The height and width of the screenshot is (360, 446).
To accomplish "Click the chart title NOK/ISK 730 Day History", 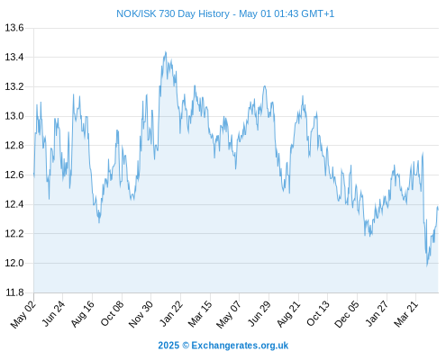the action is [173, 13].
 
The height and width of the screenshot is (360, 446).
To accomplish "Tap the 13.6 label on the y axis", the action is [14, 28].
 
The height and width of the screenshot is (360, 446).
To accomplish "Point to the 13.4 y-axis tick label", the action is [14, 57].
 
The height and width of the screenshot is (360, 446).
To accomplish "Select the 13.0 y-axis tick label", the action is [14, 116].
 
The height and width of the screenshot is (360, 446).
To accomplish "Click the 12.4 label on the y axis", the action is [14, 204].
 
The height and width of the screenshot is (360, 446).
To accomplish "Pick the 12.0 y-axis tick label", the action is [14, 263].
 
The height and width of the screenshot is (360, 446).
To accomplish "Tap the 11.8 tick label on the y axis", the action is [14, 292].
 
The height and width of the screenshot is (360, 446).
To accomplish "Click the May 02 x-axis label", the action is [23, 314].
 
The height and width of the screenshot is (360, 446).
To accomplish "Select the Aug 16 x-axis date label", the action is [83, 313].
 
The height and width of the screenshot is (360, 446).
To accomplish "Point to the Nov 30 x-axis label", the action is [141, 314].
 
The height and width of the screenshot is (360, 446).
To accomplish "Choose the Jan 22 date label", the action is [171, 313].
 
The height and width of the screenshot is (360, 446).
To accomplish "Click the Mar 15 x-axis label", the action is [200, 314].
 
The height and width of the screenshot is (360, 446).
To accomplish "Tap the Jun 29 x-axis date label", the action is [259, 313].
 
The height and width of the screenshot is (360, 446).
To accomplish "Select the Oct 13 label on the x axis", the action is [318, 313].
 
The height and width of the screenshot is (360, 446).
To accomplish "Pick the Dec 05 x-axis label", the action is [347, 314].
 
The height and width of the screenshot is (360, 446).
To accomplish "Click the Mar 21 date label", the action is [406, 314].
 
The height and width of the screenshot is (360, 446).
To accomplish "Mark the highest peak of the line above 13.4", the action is [166, 52].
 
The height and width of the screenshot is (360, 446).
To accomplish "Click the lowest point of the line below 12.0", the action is [427, 266].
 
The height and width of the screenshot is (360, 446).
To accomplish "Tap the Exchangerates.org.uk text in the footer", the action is [240, 346].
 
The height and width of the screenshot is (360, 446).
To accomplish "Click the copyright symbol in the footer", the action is [186, 346].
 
